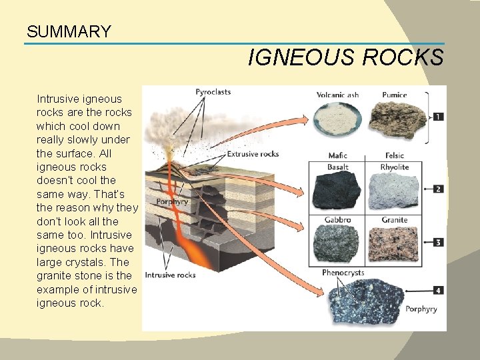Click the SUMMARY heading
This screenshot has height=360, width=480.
point(69,31)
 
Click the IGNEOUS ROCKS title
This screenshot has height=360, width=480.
point(345,58)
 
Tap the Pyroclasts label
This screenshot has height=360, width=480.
point(213,92)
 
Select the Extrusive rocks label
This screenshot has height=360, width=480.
point(253,154)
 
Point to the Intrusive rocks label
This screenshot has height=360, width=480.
point(170,274)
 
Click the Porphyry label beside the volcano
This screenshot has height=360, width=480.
point(172,201)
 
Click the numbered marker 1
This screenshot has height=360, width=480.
point(438,117)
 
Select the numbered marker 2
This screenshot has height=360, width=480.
point(438,189)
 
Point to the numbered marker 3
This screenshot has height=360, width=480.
point(438,242)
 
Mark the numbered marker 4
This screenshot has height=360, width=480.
point(438,290)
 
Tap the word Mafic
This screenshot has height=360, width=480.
point(337,156)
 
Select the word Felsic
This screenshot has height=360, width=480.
point(394,156)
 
